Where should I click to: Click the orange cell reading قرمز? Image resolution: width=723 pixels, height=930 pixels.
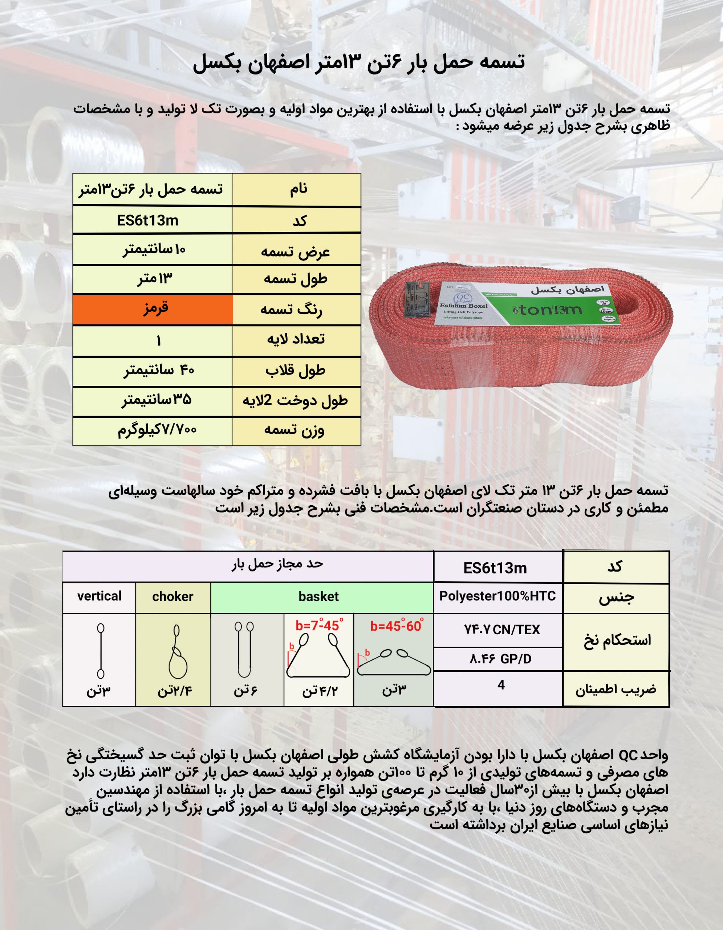(x=153, y=309)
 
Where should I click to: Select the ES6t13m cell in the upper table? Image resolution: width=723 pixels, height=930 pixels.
(x=148, y=221)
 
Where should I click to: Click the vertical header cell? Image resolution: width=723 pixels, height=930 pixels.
(x=99, y=596)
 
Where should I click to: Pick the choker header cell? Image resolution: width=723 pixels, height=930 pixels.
(x=173, y=597)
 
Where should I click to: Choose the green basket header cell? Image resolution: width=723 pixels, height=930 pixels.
(x=318, y=597)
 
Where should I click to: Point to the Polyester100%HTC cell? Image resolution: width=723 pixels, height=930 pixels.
(x=497, y=596)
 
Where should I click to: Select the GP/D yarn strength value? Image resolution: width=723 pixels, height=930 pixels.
(x=500, y=659)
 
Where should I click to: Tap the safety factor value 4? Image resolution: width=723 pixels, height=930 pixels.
(x=501, y=685)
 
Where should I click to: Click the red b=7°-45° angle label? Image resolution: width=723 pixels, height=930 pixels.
(x=319, y=626)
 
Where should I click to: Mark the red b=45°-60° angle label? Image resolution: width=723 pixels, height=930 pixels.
(x=397, y=626)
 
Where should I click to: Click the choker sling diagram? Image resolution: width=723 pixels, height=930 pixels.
(x=177, y=651)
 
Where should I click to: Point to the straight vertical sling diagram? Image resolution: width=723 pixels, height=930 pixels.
(x=101, y=651)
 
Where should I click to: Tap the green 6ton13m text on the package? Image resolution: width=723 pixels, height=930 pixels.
(x=547, y=310)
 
